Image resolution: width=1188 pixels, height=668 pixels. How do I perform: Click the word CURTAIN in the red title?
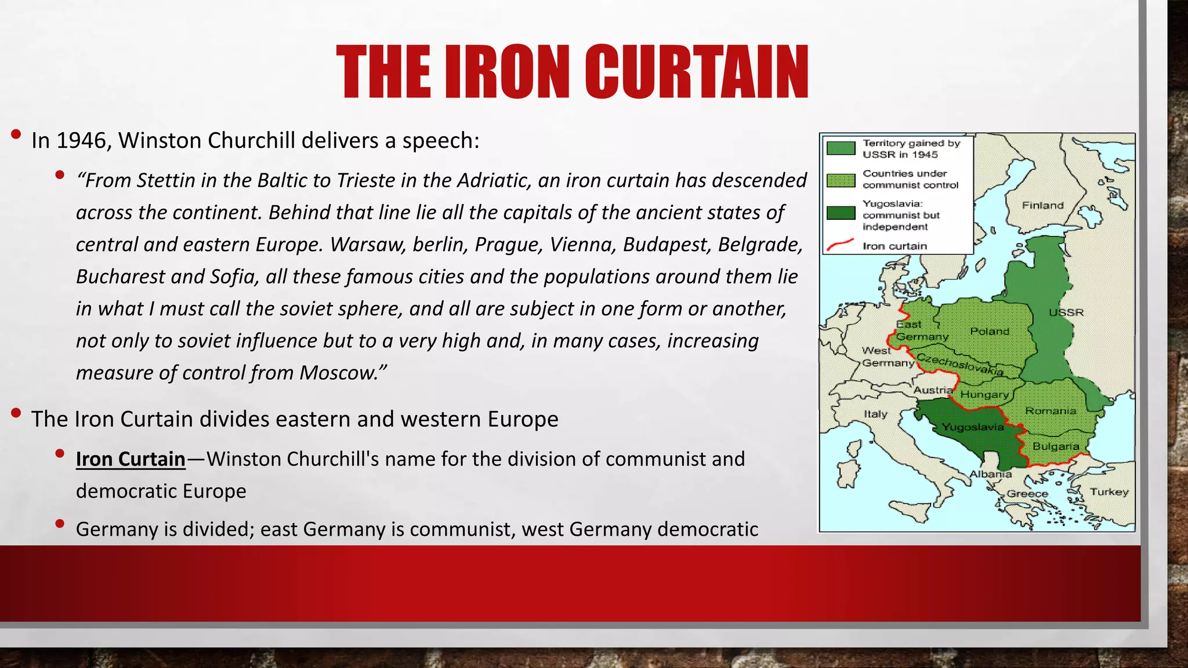pos(696,72)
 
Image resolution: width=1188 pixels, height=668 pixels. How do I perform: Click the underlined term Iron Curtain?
pos(131,459)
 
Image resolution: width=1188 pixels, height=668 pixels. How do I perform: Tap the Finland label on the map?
pos(1042,205)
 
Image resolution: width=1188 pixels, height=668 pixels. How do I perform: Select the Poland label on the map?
pos(990,331)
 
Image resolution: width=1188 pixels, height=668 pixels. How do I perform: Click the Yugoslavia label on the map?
pos(972,427)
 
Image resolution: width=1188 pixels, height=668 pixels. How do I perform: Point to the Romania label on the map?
pos(1051,411)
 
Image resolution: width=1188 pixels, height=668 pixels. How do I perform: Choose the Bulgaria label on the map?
pos(1056,446)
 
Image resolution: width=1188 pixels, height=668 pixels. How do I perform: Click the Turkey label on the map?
pos(1109,492)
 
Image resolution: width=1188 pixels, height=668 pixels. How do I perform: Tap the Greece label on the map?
pos(1027,494)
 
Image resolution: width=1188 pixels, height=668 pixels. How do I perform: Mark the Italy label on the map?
pos(875,414)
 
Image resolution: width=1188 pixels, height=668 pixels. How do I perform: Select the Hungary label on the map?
pos(984,395)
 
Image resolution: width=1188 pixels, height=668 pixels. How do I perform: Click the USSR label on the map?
pos(1066,313)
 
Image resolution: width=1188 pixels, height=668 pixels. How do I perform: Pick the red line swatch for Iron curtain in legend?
pos(840,245)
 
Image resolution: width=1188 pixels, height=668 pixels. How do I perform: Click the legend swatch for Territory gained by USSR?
pos(841,148)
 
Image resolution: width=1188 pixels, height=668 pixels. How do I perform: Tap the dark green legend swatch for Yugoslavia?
pos(841,213)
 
